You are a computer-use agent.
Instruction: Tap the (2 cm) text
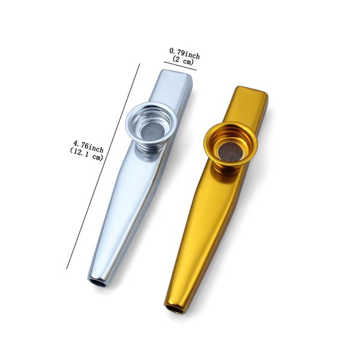[183, 61]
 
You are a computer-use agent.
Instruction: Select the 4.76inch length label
[88, 147]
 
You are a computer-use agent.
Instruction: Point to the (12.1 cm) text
[86, 154]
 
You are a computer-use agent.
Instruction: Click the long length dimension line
[103, 166]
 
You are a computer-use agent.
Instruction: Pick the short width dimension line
[180, 66]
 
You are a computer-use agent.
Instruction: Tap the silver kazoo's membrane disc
[152, 134]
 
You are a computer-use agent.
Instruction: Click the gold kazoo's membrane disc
[230, 152]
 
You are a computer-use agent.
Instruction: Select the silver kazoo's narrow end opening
[99, 283]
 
